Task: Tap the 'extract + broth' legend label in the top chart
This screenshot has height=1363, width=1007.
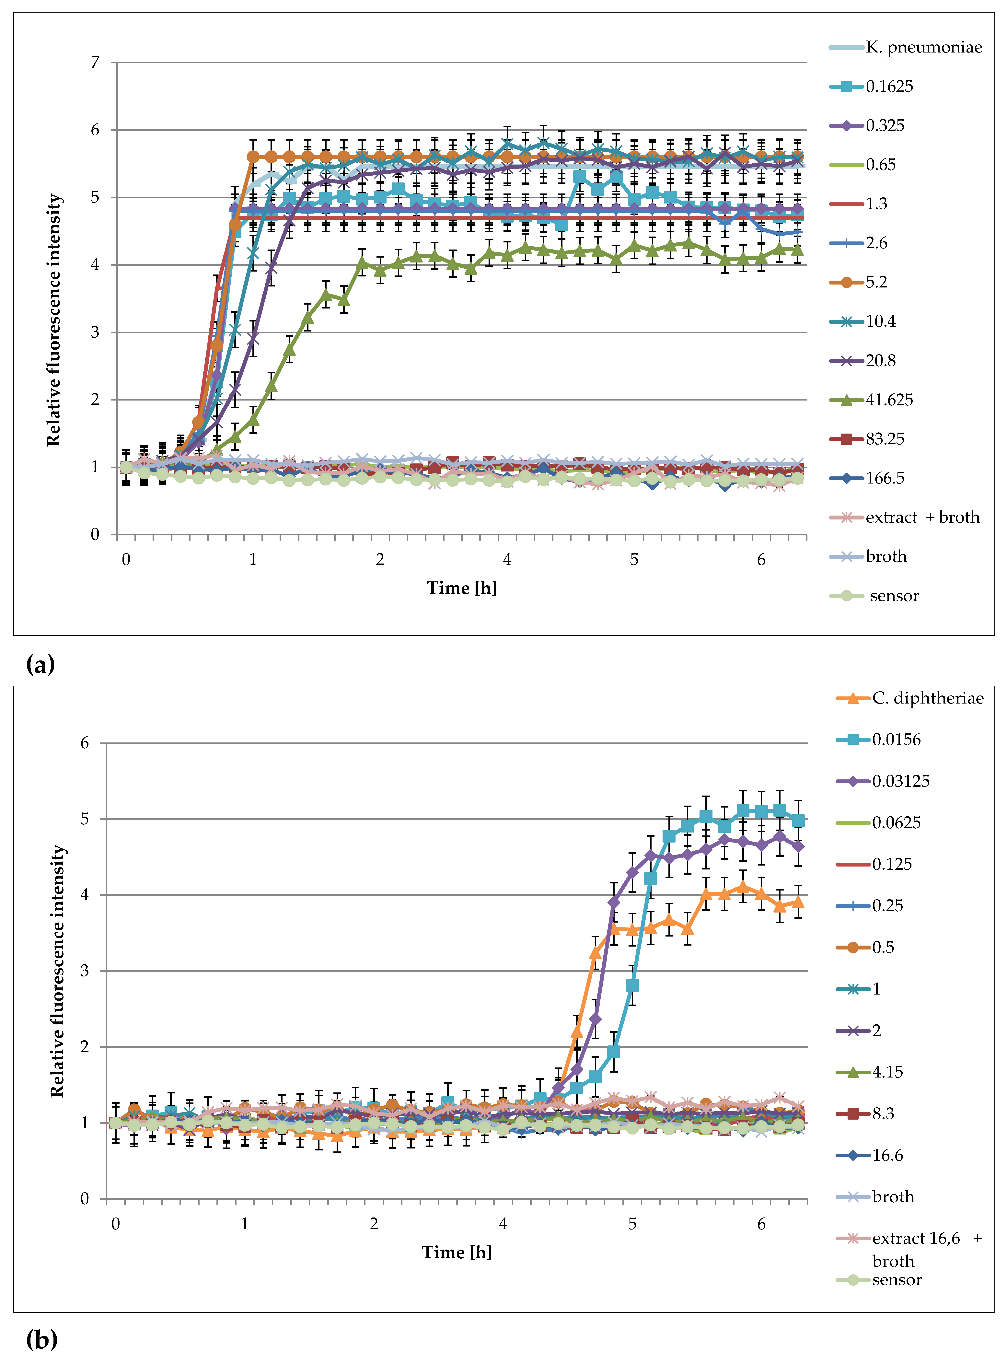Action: click(922, 518)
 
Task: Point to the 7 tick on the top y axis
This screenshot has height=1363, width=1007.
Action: click(95, 62)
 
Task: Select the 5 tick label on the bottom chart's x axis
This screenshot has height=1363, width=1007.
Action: click(632, 1224)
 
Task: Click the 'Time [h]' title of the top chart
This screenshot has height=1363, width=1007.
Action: click(461, 588)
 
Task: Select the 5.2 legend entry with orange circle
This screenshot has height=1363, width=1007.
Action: click(876, 282)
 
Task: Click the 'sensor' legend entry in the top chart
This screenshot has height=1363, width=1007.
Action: click(894, 596)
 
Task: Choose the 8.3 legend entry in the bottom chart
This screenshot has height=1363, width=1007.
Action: click(883, 1114)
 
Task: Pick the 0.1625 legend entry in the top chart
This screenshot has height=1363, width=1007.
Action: click(889, 87)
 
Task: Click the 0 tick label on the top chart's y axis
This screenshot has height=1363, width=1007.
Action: click(95, 535)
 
